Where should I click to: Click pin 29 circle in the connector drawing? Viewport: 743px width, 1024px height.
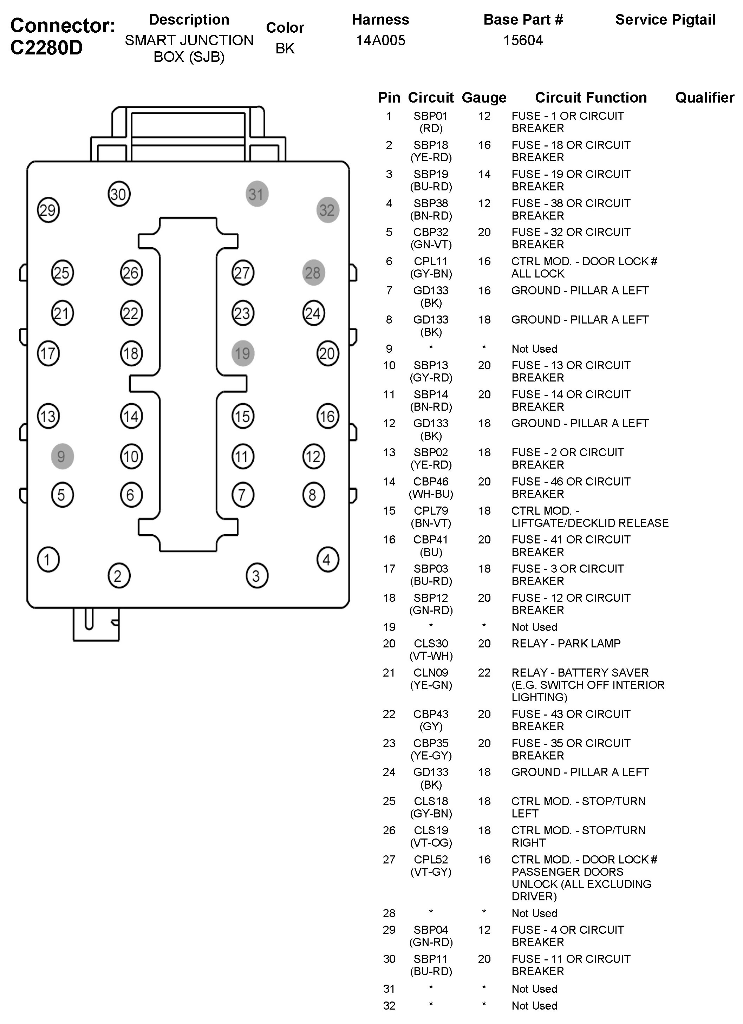48,210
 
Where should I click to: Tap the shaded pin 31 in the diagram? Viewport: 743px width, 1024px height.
256,194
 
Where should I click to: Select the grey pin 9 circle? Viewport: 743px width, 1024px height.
62,456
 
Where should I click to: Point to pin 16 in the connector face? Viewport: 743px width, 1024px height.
327,416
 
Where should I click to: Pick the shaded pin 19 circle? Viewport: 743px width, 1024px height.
242,353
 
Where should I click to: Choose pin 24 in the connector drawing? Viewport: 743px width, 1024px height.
313,313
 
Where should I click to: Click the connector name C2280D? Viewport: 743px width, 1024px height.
46,47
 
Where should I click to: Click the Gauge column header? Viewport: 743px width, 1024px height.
484,98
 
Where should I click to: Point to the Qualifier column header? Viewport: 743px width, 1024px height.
704,98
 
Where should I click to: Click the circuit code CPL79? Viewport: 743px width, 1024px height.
431,511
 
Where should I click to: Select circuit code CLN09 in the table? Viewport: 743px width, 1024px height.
431,673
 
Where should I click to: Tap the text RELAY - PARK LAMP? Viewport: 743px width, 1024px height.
566,644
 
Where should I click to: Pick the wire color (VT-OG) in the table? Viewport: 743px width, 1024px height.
431,842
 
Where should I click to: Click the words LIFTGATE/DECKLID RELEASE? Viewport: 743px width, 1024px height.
589,523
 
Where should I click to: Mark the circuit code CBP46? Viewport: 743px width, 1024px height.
431,482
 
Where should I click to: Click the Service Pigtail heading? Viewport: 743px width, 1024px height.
665,20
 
